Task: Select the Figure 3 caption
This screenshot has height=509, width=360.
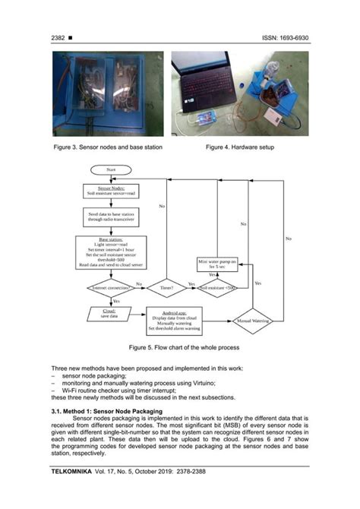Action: [107, 147]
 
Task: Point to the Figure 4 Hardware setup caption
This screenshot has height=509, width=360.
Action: [239, 147]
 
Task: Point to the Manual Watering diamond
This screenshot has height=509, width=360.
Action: [251, 320]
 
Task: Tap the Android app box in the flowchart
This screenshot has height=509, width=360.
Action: [183, 321]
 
